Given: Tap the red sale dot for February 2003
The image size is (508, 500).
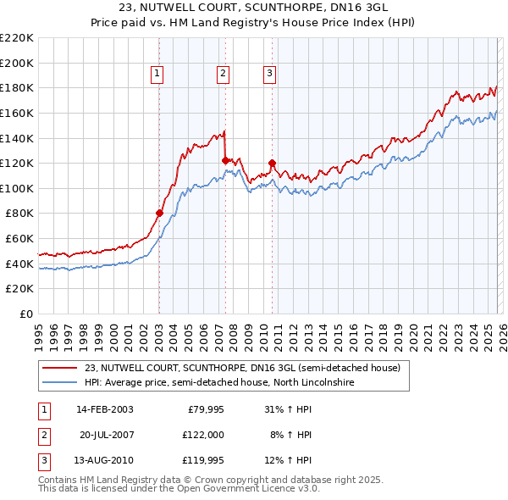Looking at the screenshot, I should [159, 213].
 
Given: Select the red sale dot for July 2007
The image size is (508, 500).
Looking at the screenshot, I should [225, 160].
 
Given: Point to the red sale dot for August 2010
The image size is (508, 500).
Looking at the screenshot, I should [272, 163].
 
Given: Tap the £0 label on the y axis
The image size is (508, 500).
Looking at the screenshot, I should [25, 314].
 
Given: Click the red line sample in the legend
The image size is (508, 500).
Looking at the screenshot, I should [60, 368].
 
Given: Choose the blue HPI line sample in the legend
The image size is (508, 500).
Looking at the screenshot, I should [60, 383].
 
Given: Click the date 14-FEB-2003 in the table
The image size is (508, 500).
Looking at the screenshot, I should [104, 408].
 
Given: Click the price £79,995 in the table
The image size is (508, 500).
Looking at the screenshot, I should [203, 408].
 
